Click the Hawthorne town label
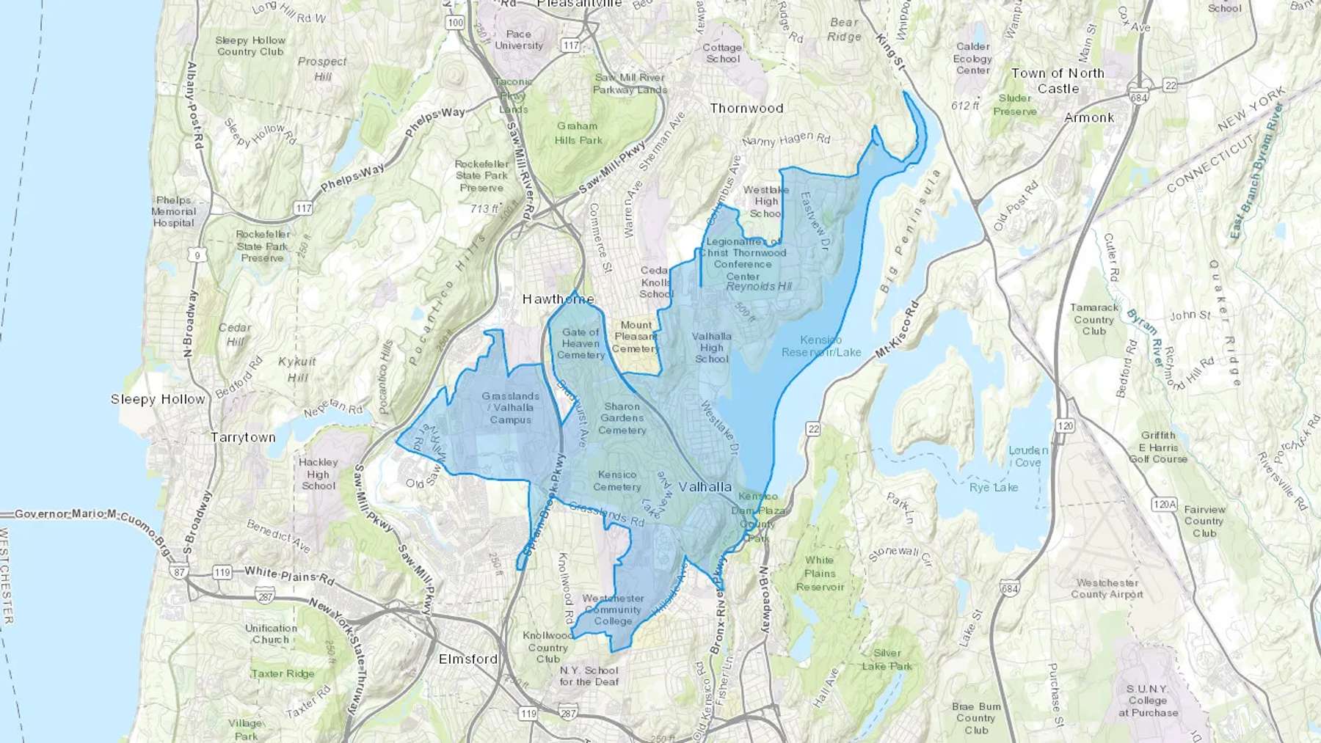[558, 299]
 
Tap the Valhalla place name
[705, 487]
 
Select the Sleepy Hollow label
[158, 400]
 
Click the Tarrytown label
[243, 438]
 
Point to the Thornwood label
[746, 109]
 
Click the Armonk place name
[1089, 118]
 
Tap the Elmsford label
[468, 659]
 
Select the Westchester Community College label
[613, 610]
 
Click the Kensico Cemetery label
[616, 481]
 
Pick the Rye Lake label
[994, 488]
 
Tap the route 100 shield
[455, 23]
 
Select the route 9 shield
[197, 255]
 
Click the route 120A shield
[1164, 504]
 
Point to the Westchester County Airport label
[1107, 588]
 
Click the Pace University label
[518, 40]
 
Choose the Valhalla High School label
[711, 348]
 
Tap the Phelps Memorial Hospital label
[173, 211]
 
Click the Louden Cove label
[1027, 456]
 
